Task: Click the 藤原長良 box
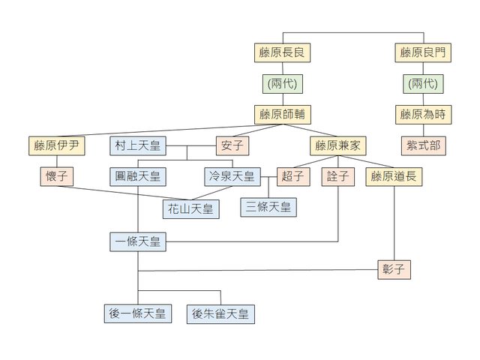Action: (283, 53)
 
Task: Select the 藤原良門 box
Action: (424, 53)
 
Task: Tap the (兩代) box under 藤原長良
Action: (283, 84)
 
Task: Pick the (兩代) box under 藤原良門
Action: (424, 84)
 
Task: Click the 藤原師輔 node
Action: (283, 115)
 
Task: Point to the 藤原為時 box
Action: (424, 115)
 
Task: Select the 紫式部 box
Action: (424, 145)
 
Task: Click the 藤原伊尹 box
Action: (55, 145)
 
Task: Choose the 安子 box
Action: (232, 145)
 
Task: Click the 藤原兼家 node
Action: (337, 145)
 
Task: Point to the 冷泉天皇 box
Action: (232, 177)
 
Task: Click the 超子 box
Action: (293, 177)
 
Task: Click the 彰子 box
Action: (395, 269)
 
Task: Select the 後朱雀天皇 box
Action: (221, 313)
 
